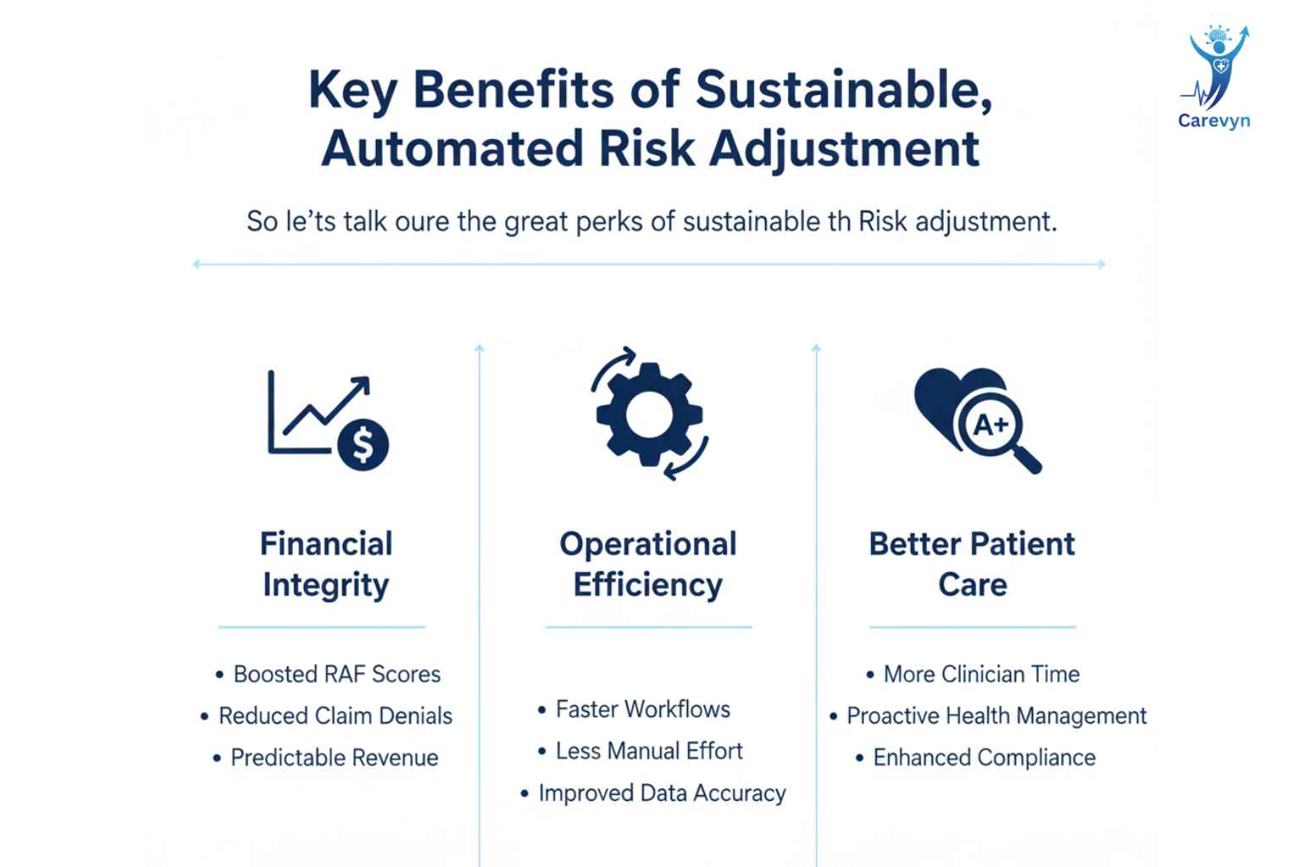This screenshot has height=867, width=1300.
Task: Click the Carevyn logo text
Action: [x=1214, y=121]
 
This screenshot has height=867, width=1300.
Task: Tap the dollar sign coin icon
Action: [x=363, y=445]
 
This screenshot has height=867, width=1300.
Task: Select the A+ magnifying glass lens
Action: [x=991, y=424]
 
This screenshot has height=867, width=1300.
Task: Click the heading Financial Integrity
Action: [x=326, y=564]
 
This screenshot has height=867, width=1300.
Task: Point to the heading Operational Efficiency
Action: [x=648, y=564]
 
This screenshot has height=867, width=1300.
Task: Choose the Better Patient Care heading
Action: [x=972, y=564]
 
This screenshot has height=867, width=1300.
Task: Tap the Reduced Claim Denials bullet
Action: [x=326, y=716]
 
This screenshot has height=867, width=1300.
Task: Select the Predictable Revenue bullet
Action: [x=326, y=758]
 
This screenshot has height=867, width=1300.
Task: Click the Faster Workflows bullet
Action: [x=634, y=710]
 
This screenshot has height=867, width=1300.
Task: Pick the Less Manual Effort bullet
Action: [x=641, y=751]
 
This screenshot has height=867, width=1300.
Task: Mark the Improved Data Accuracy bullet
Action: [x=653, y=793]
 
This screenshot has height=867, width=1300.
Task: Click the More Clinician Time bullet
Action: [x=972, y=674]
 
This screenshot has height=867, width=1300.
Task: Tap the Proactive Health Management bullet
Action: [x=989, y=716]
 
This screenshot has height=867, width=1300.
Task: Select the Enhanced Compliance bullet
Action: [x=976, y=758]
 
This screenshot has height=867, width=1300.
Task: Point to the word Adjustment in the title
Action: [x=845, y=150]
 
